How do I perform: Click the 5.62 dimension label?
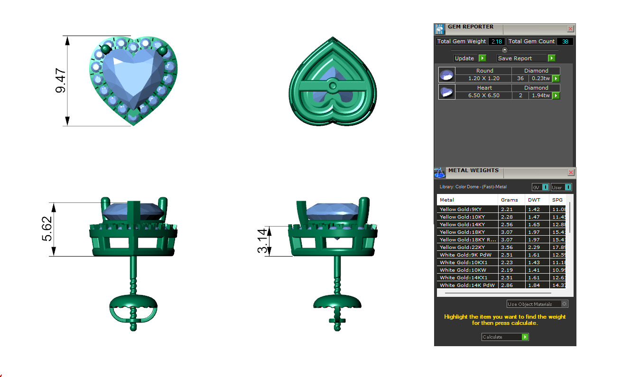coord(48,230)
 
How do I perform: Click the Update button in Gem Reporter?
coord(469,58)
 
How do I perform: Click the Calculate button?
coord(504,337)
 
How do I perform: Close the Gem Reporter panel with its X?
coord(570,29)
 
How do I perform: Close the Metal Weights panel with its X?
coord(570,172)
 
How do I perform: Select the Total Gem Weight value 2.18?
coord(496,42)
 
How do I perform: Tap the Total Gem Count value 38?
coord(565,42)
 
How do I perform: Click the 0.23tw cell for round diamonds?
coord(540,79)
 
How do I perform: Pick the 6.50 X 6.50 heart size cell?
coord(483,96)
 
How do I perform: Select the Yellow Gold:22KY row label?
coord(462,247)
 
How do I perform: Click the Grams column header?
coord(510,200)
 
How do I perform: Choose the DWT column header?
coord(534,200)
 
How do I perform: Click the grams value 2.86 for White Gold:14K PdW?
coord(507,285)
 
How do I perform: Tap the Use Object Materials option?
coord(537,304)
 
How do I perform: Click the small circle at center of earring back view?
coord(333,86)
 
